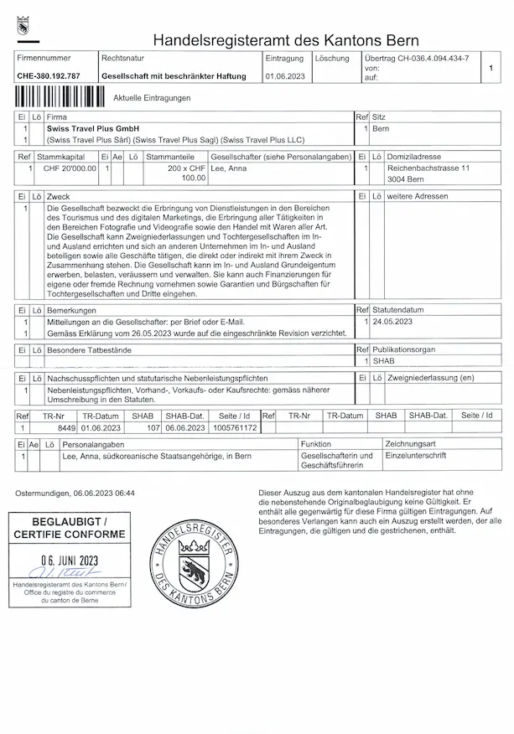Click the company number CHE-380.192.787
tap(49, 76)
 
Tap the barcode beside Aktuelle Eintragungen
tap(61, 97)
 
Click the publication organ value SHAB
tap(383, 360)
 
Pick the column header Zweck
tap(59, 196)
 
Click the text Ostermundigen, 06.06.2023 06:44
tap(75, 493)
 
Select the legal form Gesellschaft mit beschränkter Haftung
tap(174, 76)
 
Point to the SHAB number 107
tap(153, 427)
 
